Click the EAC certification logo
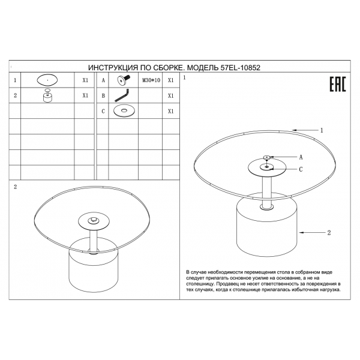pyautogui.click(x=338, y=84)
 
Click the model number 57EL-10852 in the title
pyautogui.click(x=241, y=68)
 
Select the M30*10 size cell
pyautogui.click(x=151, y=80)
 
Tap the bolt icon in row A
pyautogui.click(x=124, y=80)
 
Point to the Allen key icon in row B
pyautogui.click(x=122, y=95)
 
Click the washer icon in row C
pyautogui.click(x=124, y=111)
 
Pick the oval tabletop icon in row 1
pyautogui.click(x=47, y=80)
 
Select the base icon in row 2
pyautogui.click(x=47, y=95)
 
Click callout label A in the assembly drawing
pyautogui.click(x=301, y=157)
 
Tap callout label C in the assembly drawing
pyautogui.click(x=301, y=169)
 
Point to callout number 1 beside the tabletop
pyautogui.click(x=322, y=130)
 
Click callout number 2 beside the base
pyautogui.click(x=329, y=233)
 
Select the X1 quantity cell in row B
pyautogui.click(x=170, y=96)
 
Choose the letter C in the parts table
pyautogui.click(x=103, y=112)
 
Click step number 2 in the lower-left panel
pyautogui.click(x=16, y=187)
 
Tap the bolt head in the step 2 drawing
pyautogui.click(x=94, y=220)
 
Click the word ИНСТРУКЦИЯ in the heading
pyautogui.click(x=113, y=68)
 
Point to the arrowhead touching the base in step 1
pyautogui.click(x=301, y=233)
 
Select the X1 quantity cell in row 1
pyautogui.click(x=85, y=80)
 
